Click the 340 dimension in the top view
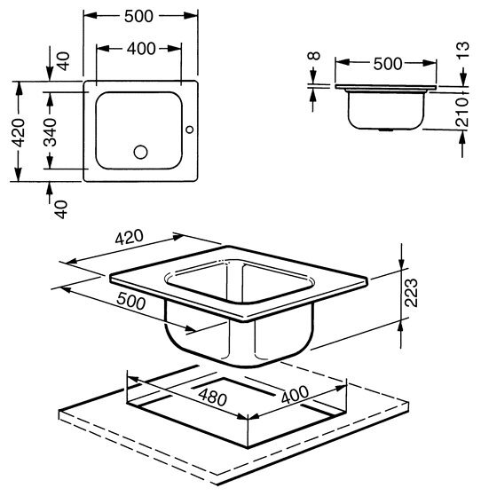pos(50,131)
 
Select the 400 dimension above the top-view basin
pos(141,49)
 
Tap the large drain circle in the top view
pos(140,152)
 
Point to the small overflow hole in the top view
pos(190,130)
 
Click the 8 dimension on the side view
pos(313,56)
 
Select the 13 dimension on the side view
pos(463,50)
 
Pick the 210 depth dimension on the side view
pos(461,112)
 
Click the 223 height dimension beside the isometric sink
pos(411,293)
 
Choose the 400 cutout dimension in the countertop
pos(295,395)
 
